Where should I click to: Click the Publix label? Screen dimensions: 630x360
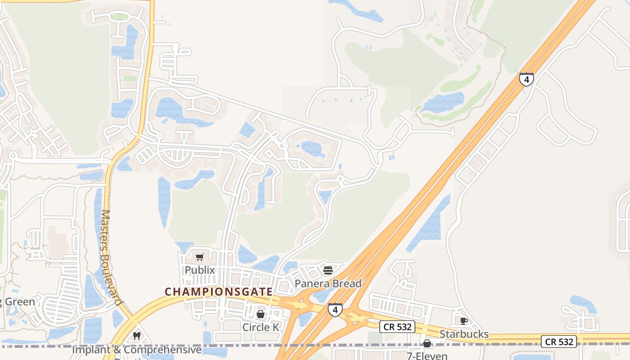coord(200,270)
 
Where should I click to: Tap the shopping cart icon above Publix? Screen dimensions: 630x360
coord(200,257)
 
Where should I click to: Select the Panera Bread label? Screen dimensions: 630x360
coord(328,283)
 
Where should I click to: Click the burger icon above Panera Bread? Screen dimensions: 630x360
coord(328,270)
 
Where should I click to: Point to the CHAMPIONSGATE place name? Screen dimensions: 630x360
coord(219,292)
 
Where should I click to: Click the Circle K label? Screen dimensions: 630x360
coord(261,327)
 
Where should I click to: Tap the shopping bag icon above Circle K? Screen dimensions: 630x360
coord(261,314)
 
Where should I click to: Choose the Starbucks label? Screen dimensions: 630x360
coord(464,334)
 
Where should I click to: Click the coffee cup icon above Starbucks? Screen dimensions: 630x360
coord(464,321)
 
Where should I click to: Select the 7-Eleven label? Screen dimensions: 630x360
coord(427,356)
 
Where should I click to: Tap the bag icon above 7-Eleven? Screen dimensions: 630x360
coord(427,344)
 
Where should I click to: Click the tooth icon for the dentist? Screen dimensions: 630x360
coord(137,336)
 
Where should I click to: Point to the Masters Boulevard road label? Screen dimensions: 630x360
coord(111,257)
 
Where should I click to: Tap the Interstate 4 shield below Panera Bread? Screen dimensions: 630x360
coord(335,309)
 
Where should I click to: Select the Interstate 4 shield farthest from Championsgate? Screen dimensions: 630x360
coord(526,79)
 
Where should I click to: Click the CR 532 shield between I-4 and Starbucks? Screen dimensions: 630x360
coord(396,327)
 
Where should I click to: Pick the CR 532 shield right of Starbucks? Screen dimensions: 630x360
coord(559,342)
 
